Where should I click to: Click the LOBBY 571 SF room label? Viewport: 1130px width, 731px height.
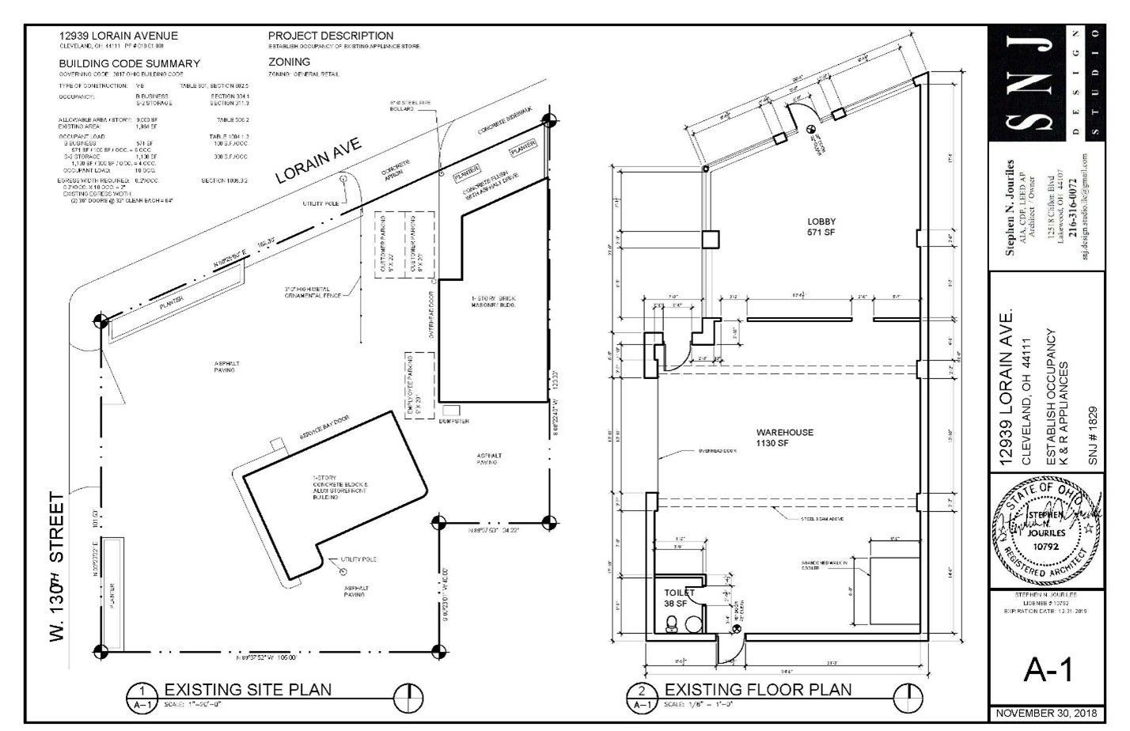click(821, 227)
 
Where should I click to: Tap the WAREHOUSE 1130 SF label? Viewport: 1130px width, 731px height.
click(784, 438)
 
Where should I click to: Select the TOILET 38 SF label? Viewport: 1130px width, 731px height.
click(679, 597)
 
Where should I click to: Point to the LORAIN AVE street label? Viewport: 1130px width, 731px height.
click(318, 160)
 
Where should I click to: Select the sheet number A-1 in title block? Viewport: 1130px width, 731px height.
click(1048, 670)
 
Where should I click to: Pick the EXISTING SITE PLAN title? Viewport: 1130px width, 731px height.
click(248, 689)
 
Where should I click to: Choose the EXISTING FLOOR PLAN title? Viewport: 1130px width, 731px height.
click(757, 689)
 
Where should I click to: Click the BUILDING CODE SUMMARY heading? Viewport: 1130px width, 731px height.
click(129, 63)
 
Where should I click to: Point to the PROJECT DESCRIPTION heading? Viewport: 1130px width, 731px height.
click(330, 36)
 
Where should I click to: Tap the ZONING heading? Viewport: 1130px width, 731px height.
click(289, 62)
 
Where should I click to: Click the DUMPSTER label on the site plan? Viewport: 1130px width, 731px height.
click(454, 422)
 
